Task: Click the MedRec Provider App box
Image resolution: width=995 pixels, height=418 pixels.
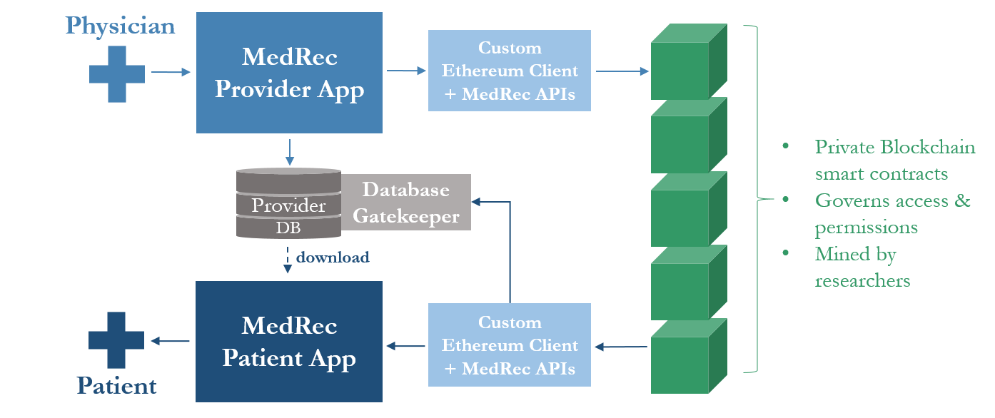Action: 289,73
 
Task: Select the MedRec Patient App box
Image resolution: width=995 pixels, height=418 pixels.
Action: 289,341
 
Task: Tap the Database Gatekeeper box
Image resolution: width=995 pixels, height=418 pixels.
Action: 405,202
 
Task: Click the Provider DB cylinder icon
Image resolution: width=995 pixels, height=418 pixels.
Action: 288,203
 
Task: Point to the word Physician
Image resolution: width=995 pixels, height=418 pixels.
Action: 120,26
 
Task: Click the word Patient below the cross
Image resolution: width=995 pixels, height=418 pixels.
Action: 117,386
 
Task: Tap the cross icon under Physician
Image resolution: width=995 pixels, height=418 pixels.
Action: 117,73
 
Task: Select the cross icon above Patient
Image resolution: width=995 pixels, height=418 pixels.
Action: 116,340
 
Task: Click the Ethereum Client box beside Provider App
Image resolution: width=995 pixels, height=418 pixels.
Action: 510,71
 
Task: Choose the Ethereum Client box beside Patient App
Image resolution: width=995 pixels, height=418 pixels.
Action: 510,345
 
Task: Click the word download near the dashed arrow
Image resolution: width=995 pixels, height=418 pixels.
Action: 333,257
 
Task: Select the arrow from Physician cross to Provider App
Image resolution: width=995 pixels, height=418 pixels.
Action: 171,72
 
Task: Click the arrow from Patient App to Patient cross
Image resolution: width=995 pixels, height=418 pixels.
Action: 170,342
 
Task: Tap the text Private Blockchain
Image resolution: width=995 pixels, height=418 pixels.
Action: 895,147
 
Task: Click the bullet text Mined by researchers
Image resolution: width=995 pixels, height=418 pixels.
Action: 862,267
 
